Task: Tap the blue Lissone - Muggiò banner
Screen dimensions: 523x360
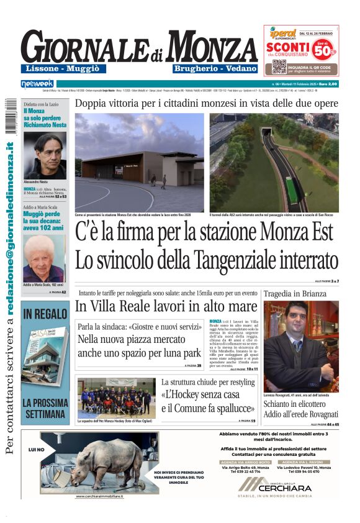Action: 64,69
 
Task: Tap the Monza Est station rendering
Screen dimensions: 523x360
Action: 139,163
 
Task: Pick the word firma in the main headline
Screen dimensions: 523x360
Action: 160,232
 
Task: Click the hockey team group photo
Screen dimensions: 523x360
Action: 116,397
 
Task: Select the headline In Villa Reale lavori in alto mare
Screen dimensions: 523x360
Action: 165,306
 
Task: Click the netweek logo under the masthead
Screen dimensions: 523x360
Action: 37,83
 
